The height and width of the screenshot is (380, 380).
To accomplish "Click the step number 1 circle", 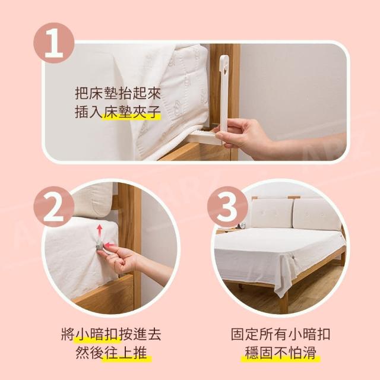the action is pos(54,43).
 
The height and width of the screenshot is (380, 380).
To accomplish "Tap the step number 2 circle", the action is pos(54,207).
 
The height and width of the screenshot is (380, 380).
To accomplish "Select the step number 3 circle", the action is pos(227,207).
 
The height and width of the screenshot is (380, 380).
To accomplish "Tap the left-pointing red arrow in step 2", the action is pos(110,245).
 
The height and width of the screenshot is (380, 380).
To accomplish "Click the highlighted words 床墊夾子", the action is pos(132,112).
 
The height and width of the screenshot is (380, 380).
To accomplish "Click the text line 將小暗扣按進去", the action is pos(111,334).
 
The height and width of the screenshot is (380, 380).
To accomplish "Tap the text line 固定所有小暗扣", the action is pos(281,334).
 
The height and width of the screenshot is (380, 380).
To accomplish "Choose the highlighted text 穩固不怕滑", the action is pos(281,353).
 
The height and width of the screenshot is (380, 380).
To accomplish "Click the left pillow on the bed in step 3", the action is pos(272,214).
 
